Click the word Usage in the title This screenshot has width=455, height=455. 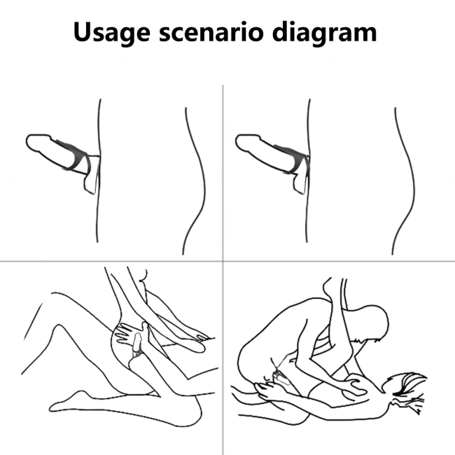coord(112,33)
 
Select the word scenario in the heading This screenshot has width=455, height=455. coord(211,32)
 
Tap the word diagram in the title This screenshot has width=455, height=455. coord(324,33)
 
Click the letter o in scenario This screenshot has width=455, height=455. coord(255,34)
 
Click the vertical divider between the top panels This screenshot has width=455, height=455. coord(223,173)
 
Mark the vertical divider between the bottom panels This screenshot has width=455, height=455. coord(223,358)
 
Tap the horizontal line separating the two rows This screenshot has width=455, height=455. coord(227,261)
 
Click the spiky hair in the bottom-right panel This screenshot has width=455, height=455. coord(409,388)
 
